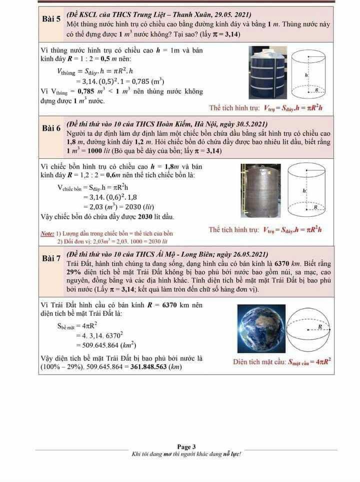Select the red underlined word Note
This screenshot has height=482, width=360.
coord(47,233)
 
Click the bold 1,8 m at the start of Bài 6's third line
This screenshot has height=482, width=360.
coord(75,142)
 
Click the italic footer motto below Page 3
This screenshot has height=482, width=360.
coord(186,454)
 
